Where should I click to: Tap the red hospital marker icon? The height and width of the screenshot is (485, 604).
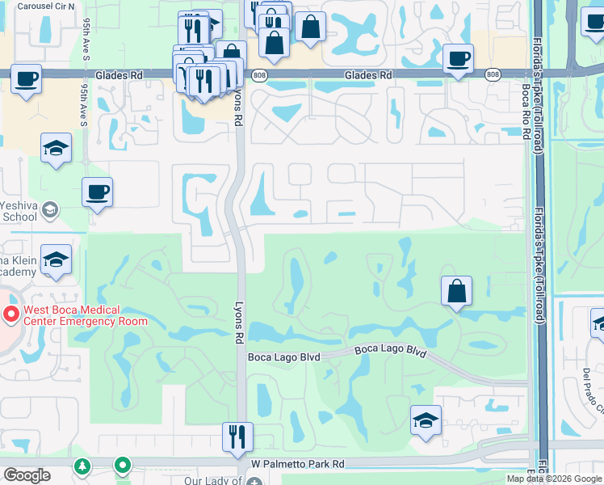click(10, 314)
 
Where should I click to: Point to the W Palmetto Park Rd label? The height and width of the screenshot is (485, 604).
click(297, 464)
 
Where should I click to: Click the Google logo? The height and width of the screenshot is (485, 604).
click(26, 474)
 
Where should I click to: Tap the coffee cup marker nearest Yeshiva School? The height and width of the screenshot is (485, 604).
click(97, 192)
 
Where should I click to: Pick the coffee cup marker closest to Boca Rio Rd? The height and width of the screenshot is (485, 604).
click(458, 58)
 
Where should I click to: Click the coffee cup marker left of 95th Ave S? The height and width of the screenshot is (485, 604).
click(26, 79)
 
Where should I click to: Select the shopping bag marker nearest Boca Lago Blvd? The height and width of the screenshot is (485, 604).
click(457, 291)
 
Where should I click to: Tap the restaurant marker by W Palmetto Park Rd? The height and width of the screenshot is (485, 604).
click(238, 436)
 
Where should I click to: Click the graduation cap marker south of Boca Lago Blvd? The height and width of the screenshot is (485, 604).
click(426, 420)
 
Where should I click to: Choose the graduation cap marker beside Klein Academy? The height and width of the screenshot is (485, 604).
click(57, 259)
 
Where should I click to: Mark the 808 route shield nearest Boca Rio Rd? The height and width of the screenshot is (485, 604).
click(493, 75)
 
